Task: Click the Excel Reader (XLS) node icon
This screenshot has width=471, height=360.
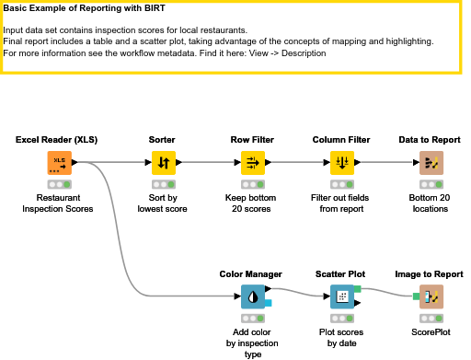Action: tap(60, 163)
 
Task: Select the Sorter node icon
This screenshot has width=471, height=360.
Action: tap(164, 163)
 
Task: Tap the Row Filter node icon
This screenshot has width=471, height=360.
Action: tap(253, 163)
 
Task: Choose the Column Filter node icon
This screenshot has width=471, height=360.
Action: tap(342, 163)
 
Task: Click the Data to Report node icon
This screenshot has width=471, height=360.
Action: tap(431, 163)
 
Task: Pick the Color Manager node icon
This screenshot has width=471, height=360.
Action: tap(253, 296)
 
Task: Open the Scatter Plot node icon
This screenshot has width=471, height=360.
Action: tap(342, 296)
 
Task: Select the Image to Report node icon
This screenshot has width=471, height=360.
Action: tap(431, 296)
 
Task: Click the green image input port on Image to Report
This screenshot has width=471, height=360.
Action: tap(416, 296)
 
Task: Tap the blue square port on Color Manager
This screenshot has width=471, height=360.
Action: tap(268, 303)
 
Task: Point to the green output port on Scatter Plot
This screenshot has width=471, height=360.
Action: tap(358, 289)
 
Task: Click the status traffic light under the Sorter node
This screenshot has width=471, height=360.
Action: tap(164, 184)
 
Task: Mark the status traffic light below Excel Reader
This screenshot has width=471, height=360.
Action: tap(60, 184)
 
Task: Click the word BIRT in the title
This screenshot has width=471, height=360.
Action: tap(154, 8)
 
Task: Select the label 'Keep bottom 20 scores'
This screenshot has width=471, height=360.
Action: tap(251, 203)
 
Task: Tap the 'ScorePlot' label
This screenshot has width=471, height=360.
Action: tap(431, 332)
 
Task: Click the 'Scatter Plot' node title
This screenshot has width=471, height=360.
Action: tap(340, 274)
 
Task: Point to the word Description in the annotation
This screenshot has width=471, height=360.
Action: tap(304, 53)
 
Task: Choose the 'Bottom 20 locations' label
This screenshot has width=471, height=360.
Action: tap(430, 203)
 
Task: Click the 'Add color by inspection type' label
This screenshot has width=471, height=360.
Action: tap(252, 343)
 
